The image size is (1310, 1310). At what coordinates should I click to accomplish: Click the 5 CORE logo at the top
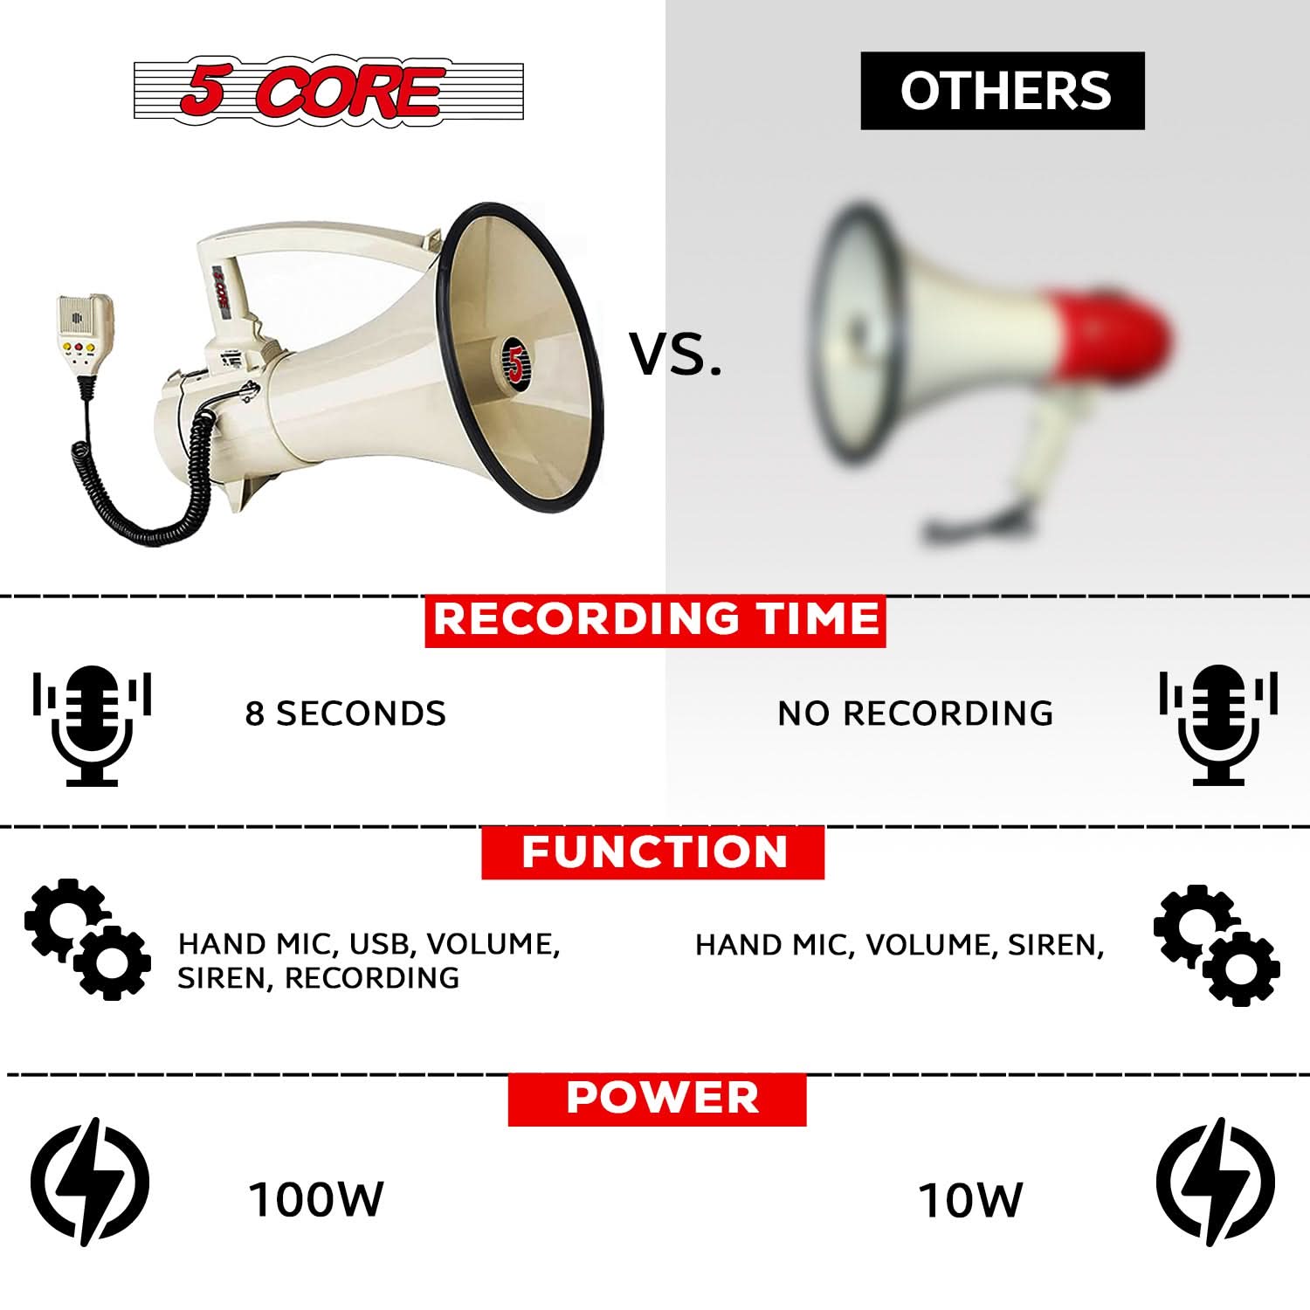pyautogui.click(x=327, y=90)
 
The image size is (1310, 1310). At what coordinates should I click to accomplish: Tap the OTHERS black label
pyautogui.click(x=1003, y=91)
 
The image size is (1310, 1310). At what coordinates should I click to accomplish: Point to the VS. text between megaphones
pyautogui.click(x=676, y=355)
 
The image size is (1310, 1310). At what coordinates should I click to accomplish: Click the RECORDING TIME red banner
pyautogui.click(x=655, y=620)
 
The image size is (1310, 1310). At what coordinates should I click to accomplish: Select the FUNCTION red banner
pyautogui.click(x=653, y=851)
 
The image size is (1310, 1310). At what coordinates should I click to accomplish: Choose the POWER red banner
pyautogui.click(x=657, y=1098)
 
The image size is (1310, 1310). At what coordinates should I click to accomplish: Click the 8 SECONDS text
pyautogui.click(x=346, y=714)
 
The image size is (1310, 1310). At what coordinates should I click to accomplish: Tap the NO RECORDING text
pyautogui.click(x=915, y=714)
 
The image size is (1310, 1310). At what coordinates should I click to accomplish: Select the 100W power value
pyautogui.click(x=316, y=1200)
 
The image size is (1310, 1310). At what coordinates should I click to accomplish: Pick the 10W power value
pyautogui.click(x=970, y=1200)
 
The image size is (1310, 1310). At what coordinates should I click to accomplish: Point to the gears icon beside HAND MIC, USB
pyautogui.click(x=86, y=939)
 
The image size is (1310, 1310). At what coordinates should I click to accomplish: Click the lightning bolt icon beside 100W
pyautogui.click(x=90, y=1182)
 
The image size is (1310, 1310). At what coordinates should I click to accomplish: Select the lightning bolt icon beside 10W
pyautogui.click(x=1216, y=1182)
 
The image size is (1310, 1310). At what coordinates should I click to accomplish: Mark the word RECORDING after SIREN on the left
pyautogui.click(x=372, y=978)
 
